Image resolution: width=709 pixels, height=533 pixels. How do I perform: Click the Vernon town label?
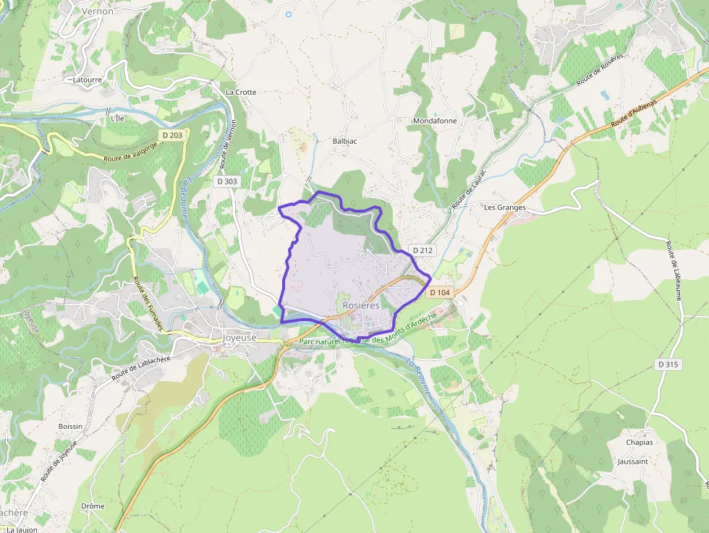pos(98,12)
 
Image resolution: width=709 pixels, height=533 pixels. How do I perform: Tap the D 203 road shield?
pos(172,135)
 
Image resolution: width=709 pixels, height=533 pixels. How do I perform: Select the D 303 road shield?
pos(227,182)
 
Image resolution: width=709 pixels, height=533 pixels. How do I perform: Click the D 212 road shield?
pos(423,250)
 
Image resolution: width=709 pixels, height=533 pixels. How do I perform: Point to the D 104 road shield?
pos(440,293)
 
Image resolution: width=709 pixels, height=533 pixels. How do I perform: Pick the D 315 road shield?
pos(668,364)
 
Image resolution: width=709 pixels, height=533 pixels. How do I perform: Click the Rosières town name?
pos(361,306)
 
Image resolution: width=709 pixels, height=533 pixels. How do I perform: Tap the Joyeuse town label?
pos(240,337)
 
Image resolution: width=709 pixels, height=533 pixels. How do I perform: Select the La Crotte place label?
pos(241,93)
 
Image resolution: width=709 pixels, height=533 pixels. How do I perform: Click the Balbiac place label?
pos(346,142)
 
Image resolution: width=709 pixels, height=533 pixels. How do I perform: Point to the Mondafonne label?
pos(435,121)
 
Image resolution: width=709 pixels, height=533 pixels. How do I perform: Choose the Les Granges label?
pos(504,208)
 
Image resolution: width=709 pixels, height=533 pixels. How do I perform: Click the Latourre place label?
pos(88,80)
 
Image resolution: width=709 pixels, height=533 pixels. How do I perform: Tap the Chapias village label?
pos(640,443)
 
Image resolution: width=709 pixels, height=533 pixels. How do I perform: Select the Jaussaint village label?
pos(633,461)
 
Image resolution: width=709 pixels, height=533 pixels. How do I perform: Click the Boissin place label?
pos(70,427)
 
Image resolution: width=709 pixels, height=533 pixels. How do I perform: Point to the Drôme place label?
pos(93,506)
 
